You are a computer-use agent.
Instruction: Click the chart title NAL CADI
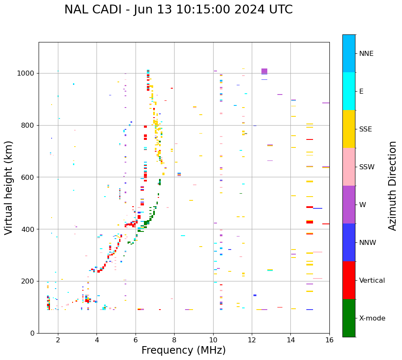click(178, 10)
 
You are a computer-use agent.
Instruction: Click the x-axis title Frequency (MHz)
click(183, 350)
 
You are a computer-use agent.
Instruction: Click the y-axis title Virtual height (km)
click(9, 187)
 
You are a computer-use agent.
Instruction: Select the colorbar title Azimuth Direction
click(392, 185)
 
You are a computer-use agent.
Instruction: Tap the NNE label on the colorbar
click(366, 54)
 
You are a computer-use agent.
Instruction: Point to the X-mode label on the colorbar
click(372, 318)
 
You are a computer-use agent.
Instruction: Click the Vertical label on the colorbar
click(372, 281)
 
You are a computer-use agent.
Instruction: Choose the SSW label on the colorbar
click(367, 167)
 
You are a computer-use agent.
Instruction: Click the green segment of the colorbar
click(349, 318)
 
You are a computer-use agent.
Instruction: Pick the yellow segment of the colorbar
click(349, 129)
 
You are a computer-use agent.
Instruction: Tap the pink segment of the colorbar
click(349, 167)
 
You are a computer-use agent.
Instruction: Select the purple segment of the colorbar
click(349, 205)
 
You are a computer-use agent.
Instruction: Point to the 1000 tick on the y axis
click(27, 73)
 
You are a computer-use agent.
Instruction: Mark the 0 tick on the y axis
click(33, 333)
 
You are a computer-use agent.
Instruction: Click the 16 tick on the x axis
click(329, 340)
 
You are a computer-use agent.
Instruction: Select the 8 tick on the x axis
click(174, 340)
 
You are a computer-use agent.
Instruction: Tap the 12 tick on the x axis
click(252, 340)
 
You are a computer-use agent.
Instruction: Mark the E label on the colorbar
click(361, 92)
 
